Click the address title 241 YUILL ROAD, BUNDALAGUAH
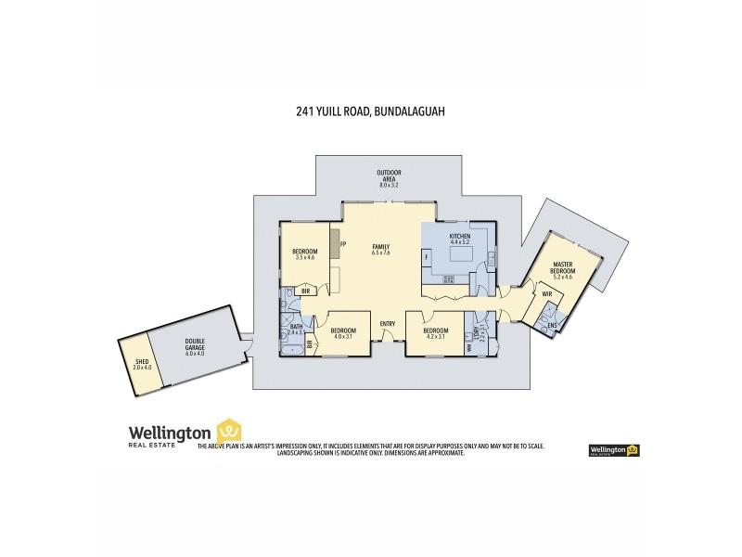370,111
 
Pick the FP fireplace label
343,244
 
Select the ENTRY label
388,323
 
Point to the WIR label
546,293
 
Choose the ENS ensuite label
553,325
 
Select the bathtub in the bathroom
285,331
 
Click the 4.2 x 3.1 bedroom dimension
436,336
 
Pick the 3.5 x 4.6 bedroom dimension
305,257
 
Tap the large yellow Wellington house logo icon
228,431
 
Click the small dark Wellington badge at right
614,450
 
